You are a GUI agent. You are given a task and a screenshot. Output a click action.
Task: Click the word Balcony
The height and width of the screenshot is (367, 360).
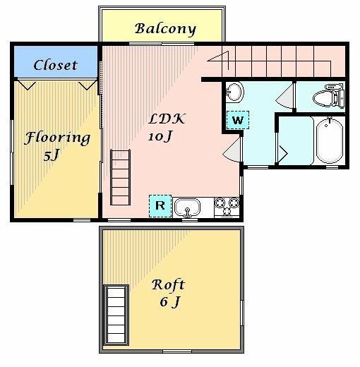[165, 29]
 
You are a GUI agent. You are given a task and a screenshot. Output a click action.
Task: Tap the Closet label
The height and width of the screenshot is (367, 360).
[56, 65]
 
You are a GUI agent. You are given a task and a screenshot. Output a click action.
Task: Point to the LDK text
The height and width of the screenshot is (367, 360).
[167, 119]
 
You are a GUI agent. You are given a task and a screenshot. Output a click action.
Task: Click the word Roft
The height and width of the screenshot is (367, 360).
[168, 284]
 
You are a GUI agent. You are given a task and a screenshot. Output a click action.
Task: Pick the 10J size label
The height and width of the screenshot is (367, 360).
[160, 136]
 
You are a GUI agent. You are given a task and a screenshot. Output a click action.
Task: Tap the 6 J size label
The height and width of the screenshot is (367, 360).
[170, 301]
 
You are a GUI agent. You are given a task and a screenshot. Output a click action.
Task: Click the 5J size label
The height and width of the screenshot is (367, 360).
[51, 155]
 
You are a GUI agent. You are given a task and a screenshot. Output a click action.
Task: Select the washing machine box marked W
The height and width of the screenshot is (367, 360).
[238, 120]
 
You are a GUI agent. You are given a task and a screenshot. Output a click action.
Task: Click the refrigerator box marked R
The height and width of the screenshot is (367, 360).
[160, 206]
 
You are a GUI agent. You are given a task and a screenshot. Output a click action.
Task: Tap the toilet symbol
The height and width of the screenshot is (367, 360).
[329, 95]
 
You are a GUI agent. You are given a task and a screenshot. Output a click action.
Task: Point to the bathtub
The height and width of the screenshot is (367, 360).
[330, 140]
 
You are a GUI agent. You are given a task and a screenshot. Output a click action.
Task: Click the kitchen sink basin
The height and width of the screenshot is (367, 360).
[188, 208]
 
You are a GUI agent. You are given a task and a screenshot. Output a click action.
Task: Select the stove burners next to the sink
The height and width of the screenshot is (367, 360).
[227, 207]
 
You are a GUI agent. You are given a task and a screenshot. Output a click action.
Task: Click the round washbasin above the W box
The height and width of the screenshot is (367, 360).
[234, 92]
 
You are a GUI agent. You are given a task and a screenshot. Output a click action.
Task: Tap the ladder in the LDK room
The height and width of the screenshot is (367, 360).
[120, 177]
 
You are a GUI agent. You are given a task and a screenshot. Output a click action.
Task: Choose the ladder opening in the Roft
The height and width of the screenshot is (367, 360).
[116, 315]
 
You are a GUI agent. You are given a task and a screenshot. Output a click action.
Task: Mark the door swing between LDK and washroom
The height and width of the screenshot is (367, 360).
[232, 150]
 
